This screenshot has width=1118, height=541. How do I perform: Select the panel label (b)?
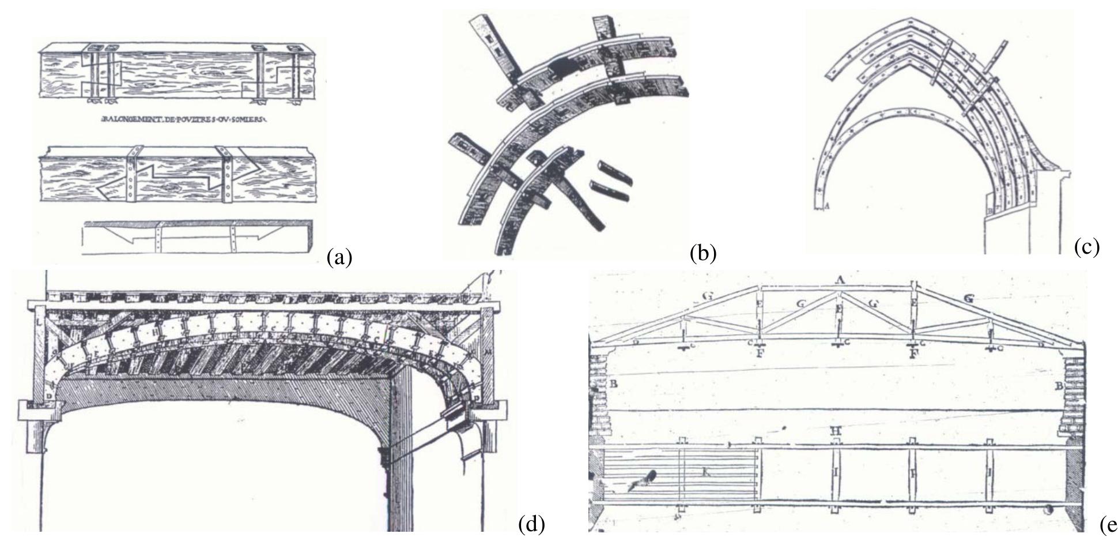(702, 253)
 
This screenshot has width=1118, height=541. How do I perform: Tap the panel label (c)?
(1087, 246)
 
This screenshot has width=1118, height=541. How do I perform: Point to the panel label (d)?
(530, 524)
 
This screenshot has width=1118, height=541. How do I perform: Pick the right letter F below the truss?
(913, 354)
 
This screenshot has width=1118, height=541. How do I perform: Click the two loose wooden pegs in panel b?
(611, 182)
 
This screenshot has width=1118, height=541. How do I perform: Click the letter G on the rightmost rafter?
(969, 299)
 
